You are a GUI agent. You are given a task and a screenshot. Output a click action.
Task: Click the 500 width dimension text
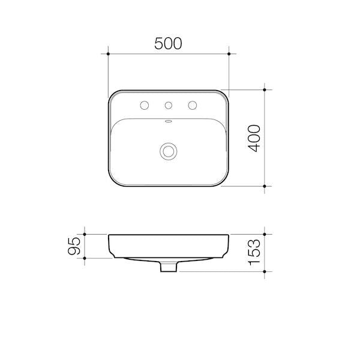click(168, 43)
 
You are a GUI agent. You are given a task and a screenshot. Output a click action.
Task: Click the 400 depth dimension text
click(254, 138)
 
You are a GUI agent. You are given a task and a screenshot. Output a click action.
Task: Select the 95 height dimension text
click(74, 246)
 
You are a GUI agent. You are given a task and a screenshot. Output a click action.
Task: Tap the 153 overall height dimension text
click(254, 253)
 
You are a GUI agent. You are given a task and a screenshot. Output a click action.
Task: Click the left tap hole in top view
click(144, 106)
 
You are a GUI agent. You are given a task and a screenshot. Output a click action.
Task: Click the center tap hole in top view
click(169, 106)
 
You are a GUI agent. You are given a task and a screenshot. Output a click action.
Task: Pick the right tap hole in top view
click(193, 106)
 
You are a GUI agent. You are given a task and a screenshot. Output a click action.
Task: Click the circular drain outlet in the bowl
click(169, 151)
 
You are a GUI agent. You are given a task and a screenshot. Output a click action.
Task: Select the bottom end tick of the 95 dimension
click(86, 258)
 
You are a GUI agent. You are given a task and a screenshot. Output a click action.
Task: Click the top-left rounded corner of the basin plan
click(112, 94)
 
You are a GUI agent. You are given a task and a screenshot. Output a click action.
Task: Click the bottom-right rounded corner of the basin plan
click(225, 182)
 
